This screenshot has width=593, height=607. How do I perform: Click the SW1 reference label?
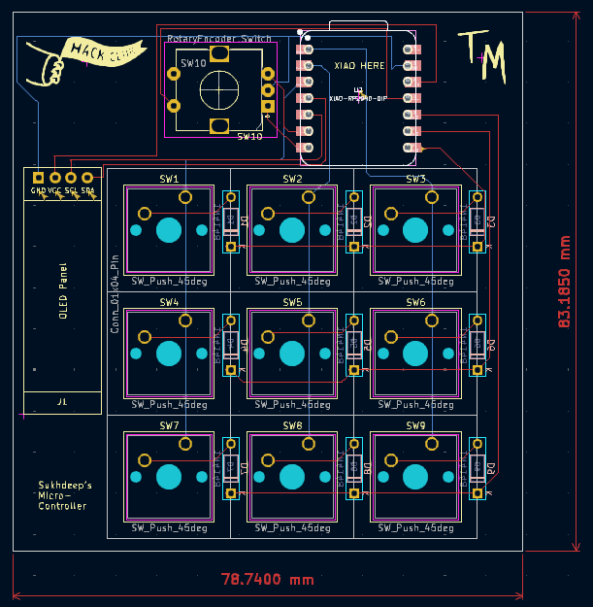coord(169,180)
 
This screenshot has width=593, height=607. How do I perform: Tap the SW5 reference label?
coord(292,303)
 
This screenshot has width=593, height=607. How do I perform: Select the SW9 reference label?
coord(415,426)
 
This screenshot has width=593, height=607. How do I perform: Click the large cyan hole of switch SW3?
coord(415,230)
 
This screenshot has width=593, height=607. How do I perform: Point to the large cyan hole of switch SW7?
coord(169,477)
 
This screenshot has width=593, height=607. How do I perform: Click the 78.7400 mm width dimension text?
coord(268,580)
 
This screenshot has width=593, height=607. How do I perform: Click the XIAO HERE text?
coord(359,66)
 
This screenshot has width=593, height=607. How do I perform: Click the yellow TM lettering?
coord(482,55)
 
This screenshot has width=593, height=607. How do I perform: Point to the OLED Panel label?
coord(63,290)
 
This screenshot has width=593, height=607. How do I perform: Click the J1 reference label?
coord(62,401)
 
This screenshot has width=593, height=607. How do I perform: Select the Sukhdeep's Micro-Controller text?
coord(65,495)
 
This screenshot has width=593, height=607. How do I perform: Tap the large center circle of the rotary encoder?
coord(219,90)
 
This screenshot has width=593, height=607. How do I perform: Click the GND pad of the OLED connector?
coord(38,178)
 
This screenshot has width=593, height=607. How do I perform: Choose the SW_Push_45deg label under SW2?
coord(292,282)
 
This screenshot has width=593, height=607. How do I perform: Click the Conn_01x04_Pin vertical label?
coord(115,296)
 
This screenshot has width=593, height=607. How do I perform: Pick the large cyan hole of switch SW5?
coord(292,354)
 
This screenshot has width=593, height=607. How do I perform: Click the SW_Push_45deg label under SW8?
coord(292,528)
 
